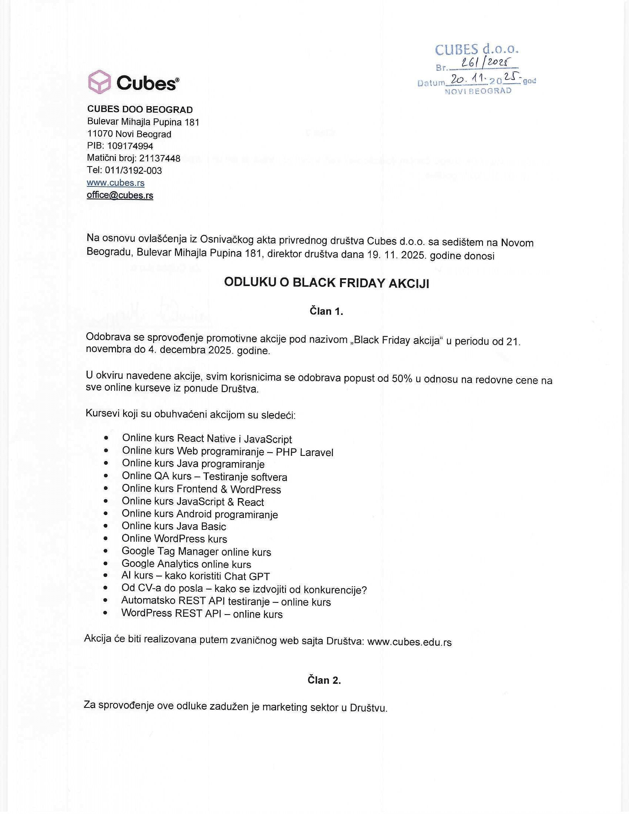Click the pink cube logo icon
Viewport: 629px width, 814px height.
click(99, 82)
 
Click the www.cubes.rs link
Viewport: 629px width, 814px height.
click(115, 183)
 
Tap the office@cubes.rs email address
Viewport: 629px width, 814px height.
click(120, 195)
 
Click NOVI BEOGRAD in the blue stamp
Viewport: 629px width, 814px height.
click(478, 91)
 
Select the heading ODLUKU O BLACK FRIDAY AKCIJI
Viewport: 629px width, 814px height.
click(326, 283)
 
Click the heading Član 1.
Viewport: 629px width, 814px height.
click(326, 311)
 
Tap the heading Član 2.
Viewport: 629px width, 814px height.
click(324, 680)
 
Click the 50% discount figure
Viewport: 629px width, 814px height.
click(402, 379)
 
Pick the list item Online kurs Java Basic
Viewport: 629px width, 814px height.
click(174, 526)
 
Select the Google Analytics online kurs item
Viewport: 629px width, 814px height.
click(186, 564)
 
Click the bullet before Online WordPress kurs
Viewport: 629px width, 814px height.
click(106, 539)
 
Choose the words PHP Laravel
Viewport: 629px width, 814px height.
click(305, 453)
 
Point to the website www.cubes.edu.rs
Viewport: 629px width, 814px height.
click(409, 642)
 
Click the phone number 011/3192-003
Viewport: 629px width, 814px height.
click(134, 171)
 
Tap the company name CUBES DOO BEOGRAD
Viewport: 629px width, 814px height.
click(140, 110)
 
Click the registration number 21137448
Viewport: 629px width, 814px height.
click(159, 158)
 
